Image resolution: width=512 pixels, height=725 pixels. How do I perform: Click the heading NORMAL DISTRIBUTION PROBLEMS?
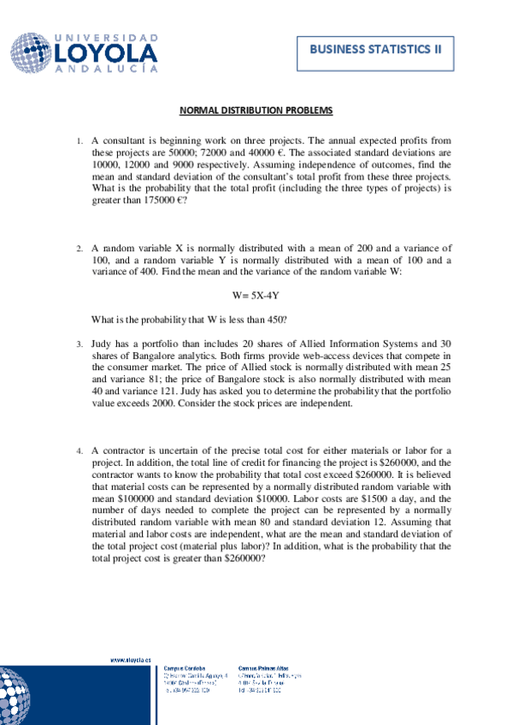point(256,111)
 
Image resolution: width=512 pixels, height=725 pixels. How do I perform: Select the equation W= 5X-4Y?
point(256,295)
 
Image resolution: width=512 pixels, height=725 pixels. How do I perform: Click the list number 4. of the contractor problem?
point(79,449)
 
